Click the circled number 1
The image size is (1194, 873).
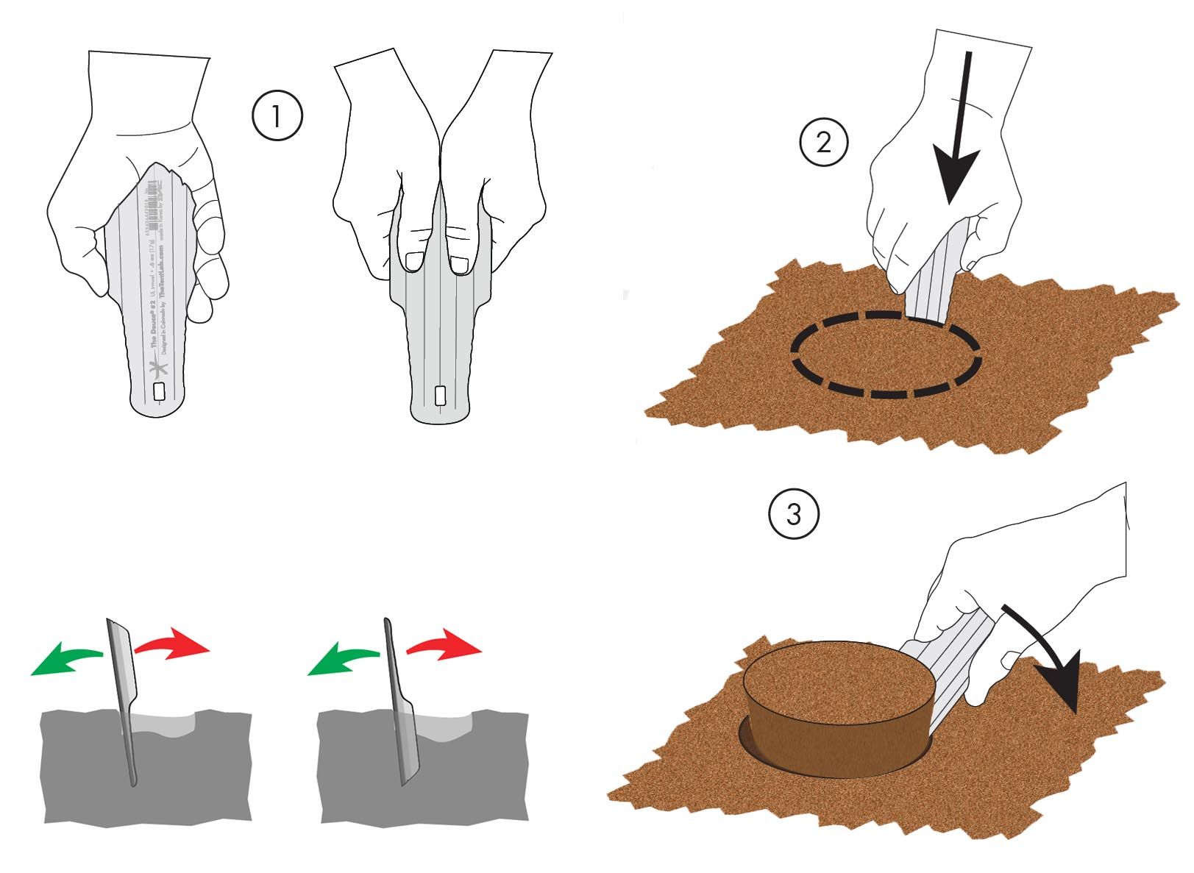(x=277, y=116)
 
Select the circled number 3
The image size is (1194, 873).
(x=794, y=514)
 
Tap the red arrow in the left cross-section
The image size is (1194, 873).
(x=173, y=644)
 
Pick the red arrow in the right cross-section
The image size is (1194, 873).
(x=445, y=644)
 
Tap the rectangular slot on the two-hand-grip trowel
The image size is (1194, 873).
(x=440, y=396)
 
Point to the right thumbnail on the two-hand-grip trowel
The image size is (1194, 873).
(x=461, y=263)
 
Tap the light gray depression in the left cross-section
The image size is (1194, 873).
(x=166, y=724)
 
